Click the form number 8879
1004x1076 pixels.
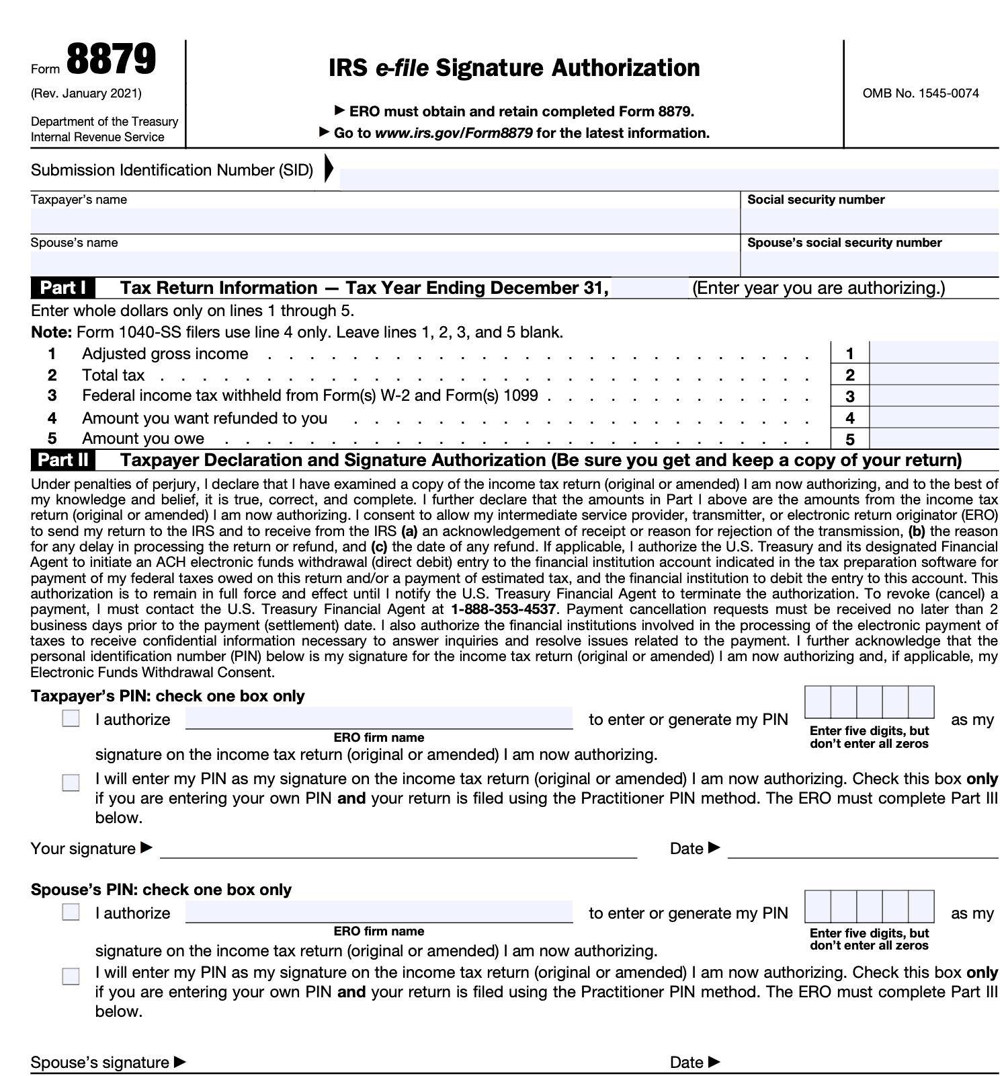(112, 60)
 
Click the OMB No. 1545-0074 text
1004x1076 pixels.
(921, 93)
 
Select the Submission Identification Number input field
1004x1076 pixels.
(669, 180)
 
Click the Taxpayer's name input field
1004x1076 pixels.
(384, 221)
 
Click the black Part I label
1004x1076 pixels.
(62, 288)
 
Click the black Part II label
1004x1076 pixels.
(62, 460)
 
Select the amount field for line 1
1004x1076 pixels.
(933, 353)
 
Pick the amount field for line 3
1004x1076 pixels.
(933, 396)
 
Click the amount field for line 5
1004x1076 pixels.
(933, 439)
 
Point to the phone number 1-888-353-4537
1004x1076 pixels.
(503, 610)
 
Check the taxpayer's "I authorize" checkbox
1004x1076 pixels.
(71, 719)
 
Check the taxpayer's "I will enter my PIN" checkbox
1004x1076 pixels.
(71, 783)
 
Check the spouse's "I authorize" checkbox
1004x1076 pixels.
(71, 913)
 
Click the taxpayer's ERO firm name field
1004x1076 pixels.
(379, 718)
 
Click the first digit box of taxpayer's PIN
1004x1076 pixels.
(818, 702)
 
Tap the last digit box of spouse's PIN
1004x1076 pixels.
(921, 907)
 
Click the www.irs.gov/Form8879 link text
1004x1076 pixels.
(454, 133)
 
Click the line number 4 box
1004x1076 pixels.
(850, 418)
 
